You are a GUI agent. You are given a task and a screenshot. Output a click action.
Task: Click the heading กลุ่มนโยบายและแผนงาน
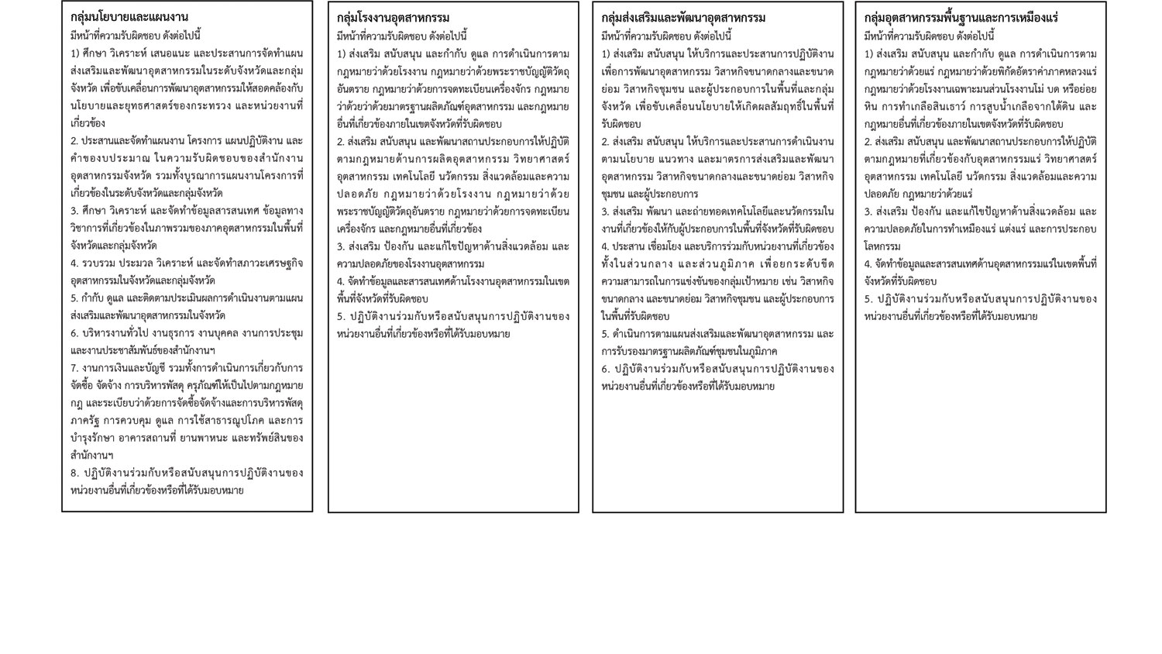tap(129, 17)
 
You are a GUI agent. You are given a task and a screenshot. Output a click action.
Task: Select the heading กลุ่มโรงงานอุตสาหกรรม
tap(394, 18)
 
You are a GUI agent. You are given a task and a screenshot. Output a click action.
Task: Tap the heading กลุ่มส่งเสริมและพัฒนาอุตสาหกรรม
tap(683, 18)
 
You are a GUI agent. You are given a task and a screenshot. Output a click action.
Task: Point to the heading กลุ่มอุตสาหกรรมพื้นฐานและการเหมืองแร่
tap(961, 18)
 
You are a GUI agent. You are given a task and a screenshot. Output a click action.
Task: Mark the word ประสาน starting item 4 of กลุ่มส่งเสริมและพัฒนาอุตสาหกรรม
tap(630, 246)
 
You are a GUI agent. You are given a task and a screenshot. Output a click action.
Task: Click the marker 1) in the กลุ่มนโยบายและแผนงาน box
tap(75, 53)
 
